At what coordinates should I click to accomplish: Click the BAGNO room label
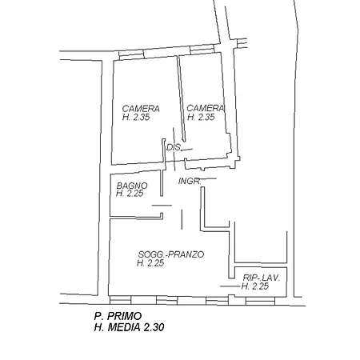tap(132, 186)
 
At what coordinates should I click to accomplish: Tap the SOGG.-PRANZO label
tap(171, 254)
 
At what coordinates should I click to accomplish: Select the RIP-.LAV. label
tap(262, 278)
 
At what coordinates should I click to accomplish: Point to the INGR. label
tap(190, 182)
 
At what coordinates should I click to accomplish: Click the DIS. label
tap(174, 147)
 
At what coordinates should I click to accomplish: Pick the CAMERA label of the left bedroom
tap(141, 109)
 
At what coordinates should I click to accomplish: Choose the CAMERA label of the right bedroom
tap(206, 108)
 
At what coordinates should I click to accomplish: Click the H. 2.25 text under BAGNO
tap(130, 193)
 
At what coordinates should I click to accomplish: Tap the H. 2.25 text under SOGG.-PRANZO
tap(150, 263)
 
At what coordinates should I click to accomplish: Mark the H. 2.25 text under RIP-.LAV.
tap(255, 286)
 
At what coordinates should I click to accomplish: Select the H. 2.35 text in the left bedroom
tap(136, 117)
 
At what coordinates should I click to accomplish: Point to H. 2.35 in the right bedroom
tap(201, 117)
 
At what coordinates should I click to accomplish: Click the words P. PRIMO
tap(118, 316)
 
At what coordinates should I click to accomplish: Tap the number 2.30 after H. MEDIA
tap(154, 327)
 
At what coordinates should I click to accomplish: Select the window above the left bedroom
tap(131, 54)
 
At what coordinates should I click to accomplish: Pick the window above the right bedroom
tap(202, 49)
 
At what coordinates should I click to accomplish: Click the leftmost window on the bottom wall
tap(120, 300)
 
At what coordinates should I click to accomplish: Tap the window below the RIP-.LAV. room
tap(260, 301)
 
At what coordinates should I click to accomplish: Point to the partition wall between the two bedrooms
tap(181, 98)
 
